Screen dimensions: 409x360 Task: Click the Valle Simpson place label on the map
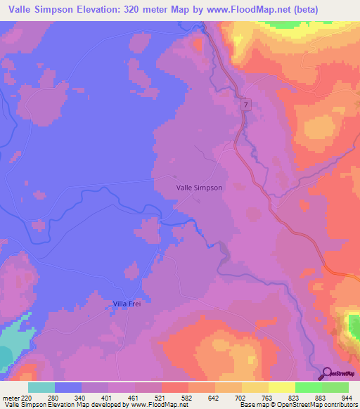pyautogui.click(x=199, y=188)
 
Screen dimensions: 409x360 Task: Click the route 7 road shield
pyautogui.click(x=245, y=105)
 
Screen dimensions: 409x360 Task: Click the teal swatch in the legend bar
pyautogui.click(x=41, y=387)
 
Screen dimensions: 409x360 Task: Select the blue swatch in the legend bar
pyautogui.click(x=68, y=387)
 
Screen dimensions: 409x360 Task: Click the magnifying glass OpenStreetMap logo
pyautogui.click(x=326, y=373)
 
